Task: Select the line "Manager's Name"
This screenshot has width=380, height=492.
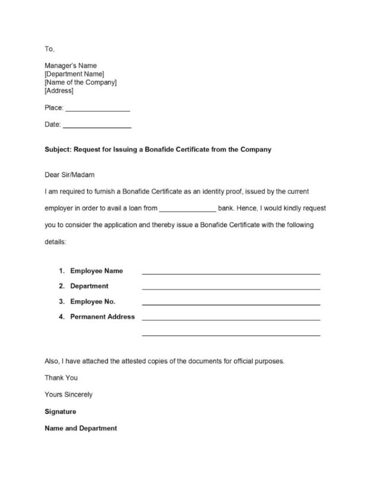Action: click(x=71, y=65)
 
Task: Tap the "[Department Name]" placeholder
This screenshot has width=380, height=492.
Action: click(x=74, y=74)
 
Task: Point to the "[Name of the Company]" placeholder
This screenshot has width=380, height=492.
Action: click(x=80, y=82)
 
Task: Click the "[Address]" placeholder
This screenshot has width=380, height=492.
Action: click(x=59, y=91)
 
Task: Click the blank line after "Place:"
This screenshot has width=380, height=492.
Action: click(x=97, y=110)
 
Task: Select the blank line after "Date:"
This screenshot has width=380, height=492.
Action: click(x=97, y=126)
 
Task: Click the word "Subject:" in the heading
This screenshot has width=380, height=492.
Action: click(x=58, y=150)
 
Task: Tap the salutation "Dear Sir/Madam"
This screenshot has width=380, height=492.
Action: click(x=69, y=175)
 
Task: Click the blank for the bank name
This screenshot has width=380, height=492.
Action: click(x=188, y=210)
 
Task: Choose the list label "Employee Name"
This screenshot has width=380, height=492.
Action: click(x=97, y=271)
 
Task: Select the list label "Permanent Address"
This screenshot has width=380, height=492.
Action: click(x=102, y=316)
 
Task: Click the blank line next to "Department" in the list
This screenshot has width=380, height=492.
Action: click(x=231, y=288)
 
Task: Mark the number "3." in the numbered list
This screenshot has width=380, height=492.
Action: click(x=62, y=301)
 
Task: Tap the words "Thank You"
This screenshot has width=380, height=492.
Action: click(x=61, y=377)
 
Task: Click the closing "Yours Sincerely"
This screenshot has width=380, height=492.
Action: click(x=68, y=394)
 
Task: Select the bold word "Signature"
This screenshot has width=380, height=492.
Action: click(x=61, y=411)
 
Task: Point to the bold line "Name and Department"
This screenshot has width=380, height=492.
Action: click(x=81, y=428)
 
